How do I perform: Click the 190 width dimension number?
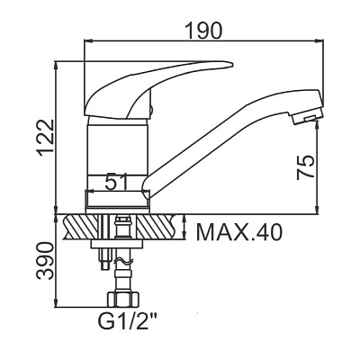point(203,31)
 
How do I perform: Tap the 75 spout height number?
point(305,167)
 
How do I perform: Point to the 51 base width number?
point(116,182)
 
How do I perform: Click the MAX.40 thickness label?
point(239,233)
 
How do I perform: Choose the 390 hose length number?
point(45,260)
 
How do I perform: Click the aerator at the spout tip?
point(307,117)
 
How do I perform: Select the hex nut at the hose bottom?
point(122,300)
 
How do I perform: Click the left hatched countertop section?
point(80,227)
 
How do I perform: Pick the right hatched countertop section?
point(157,227)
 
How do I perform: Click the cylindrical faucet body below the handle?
point(118,165)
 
